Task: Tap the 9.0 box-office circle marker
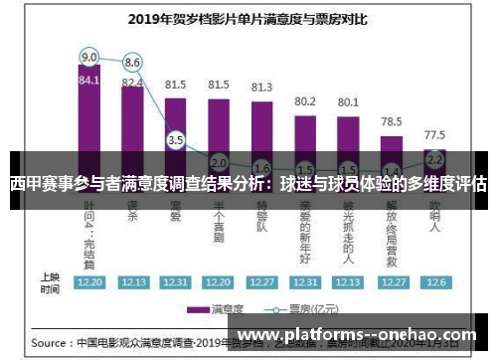pos(89,57)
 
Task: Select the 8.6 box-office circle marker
pos(132,62)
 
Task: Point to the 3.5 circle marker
pos(176,140)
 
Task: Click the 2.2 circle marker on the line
pos(434,159)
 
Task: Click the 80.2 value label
pos(305,100)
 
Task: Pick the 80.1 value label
pos(348,101)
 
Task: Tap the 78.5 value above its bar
pos(392,120)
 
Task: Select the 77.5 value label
pos(434,133)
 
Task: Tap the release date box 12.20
pos(89,282)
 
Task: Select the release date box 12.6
pos(434,282)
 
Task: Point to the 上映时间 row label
pos(49,281)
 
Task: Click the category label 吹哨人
pos(434,219)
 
